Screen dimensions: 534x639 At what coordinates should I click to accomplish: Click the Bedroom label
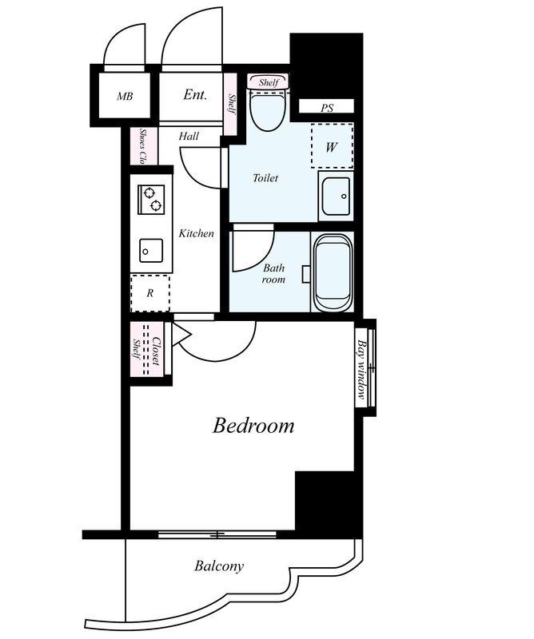(253, 426)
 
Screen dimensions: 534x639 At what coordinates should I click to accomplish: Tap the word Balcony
(219, 566)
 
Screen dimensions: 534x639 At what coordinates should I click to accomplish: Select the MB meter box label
(125, 97)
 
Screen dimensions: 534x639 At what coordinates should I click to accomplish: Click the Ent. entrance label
(195, 95)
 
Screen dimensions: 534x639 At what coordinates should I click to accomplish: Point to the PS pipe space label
(327, 108)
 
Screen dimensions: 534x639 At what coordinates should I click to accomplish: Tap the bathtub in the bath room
(333, 272)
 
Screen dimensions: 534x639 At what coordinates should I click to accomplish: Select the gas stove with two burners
(151, 199)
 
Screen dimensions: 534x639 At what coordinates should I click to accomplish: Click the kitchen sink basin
(151, 250)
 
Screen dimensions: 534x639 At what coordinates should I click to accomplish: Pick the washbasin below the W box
(336, 196)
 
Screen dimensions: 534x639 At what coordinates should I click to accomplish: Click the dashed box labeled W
(332, 145)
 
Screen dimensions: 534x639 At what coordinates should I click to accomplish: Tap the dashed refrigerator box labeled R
(150, 293)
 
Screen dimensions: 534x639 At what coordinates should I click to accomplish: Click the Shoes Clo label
(143, 146)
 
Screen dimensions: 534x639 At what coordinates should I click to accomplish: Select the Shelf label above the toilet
(269, 82)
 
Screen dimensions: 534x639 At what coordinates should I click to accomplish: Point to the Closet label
(156, 351)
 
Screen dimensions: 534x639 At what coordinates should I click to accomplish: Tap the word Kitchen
(196, 233)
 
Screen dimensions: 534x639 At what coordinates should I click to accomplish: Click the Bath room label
(273, 274)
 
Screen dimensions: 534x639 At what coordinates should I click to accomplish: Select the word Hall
(189, 136)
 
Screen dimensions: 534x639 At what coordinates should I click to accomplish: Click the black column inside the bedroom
(324, 501)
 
